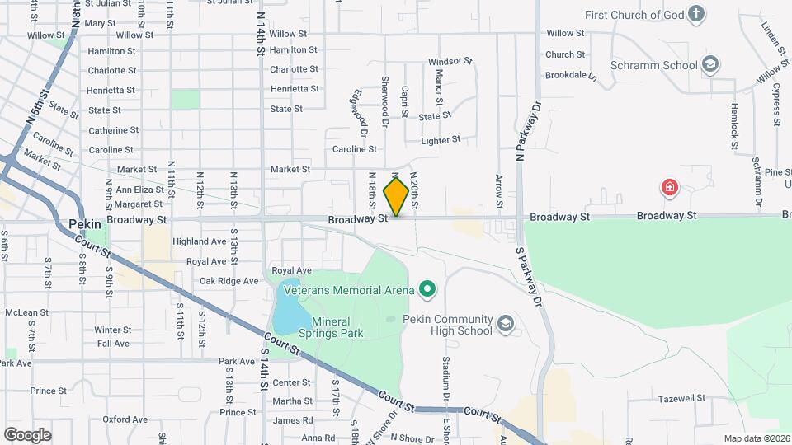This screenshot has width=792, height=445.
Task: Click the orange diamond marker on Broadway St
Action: pyautogui.click(x=397, y=197)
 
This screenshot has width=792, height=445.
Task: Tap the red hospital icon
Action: pyautogui.click(x=669, y=188)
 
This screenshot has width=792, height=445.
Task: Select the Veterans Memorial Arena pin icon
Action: pyautogui.click(x=427, y=288)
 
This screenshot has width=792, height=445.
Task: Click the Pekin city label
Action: pyautogui.click(x=84, y=222)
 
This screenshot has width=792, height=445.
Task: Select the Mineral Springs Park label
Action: pyautogui.click(x=337, y=327)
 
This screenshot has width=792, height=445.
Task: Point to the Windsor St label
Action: pyautogui.click(x=450, y=62)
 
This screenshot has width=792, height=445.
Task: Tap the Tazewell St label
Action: pyautogui.click(x=681, y=397)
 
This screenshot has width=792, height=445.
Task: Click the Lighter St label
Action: pyautogui.click(x=440, y=141)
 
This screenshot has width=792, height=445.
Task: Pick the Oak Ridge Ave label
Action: pyautogui.click(x=229, y=281)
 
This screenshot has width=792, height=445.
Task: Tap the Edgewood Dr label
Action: pyautogui.click(x=361, y=112)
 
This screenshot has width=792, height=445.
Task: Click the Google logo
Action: pyautogui.click(x=27, y=434)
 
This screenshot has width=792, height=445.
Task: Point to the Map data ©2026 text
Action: pyautogui.click(x=755, y=438)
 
